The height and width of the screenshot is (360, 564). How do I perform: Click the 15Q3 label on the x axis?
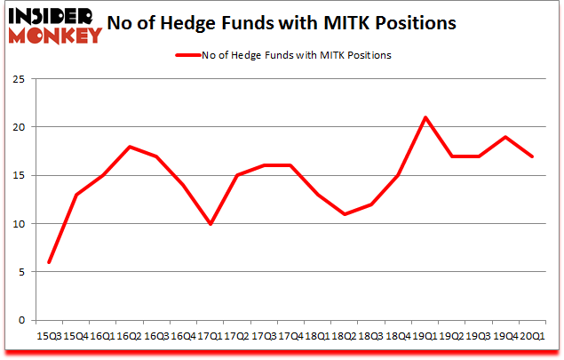pos(49,336)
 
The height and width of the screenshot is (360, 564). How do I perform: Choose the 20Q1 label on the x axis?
pos(531,336)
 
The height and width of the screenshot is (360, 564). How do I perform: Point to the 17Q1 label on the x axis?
pos(210,336)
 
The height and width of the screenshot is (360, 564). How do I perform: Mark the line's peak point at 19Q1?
pos(425,117)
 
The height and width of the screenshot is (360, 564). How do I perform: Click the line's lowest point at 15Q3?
pos(49,262)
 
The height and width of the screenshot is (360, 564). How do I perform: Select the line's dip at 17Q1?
pos(210,224)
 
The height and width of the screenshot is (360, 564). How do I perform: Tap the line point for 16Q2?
pos(130,147)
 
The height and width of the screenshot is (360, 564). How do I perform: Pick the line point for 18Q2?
pos(344,214)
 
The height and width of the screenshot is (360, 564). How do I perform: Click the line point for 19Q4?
pos(504,137)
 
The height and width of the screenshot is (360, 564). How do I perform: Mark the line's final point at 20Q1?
pos(531,156)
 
